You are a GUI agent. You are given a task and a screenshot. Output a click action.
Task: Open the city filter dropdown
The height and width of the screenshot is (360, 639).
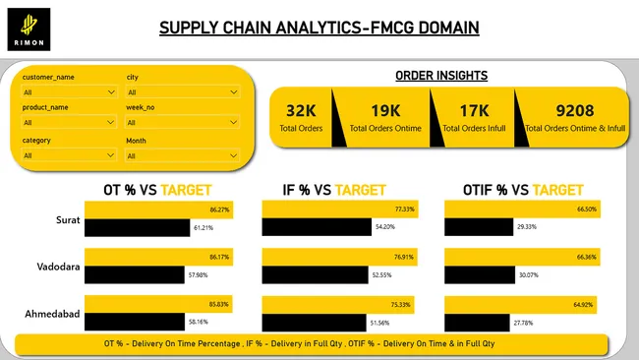(183, 92)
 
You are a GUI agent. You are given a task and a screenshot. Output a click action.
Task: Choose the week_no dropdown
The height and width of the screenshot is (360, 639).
(183, 123)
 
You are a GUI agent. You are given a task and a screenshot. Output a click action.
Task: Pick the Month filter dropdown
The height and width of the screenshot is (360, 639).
(183, 155)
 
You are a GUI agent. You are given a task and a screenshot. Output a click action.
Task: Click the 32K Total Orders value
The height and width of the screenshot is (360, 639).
(301, 110)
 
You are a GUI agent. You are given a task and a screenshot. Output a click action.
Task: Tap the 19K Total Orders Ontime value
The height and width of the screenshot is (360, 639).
(386, 110)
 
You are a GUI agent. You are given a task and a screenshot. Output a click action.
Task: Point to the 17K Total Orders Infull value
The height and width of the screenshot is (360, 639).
(473, 110)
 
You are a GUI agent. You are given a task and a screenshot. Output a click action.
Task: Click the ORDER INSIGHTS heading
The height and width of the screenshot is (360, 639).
(441, 76)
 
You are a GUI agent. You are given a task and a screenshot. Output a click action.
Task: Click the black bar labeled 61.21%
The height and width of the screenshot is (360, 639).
(137, 228)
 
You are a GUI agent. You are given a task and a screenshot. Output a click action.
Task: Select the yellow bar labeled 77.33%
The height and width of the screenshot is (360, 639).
(339, 210)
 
